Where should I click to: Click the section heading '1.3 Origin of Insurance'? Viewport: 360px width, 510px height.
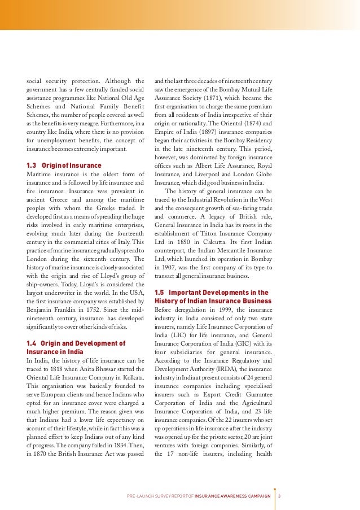point(64,165)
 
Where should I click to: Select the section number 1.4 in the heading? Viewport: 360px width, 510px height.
point(33,343)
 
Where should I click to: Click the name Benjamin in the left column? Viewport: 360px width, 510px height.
point(42,310)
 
